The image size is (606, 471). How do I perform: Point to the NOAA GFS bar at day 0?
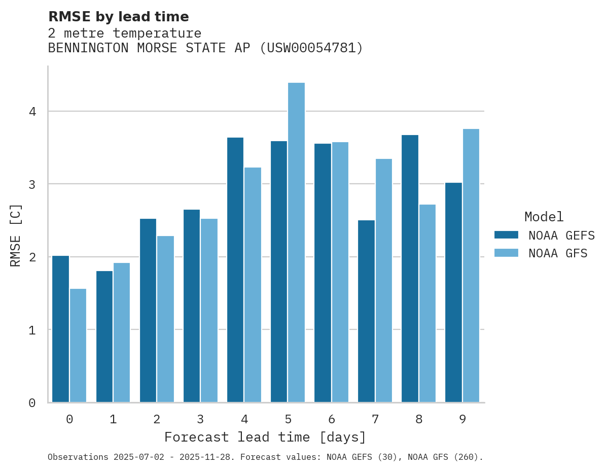tap(78, 346)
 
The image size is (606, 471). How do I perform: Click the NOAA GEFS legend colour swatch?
tap(506, 234)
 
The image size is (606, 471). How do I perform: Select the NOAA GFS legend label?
tap(558, 253)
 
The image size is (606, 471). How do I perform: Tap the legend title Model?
tap(544, 217)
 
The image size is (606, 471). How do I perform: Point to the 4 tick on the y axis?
tap(32, 111)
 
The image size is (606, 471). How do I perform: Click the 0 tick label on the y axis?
tap(32, 403)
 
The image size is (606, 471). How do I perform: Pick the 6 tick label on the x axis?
tap(332, 419)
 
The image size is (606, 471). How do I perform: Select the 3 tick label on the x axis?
tap(201, 419)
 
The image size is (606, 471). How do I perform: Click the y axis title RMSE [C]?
tap(16, 235)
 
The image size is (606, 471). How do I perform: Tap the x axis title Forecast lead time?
tap(265, 437)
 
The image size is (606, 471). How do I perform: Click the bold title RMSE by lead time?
tap(118, 17)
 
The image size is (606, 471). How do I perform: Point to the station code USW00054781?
tap(310, 48)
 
